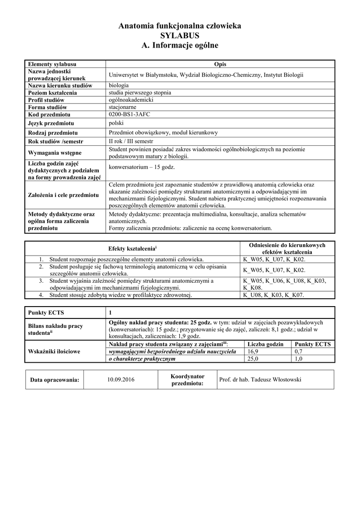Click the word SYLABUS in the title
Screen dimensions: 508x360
[x=179, y=36]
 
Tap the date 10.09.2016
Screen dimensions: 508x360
[x=121, y=380]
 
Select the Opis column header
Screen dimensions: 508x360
[x=220, y=64]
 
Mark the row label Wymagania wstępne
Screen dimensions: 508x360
[x=55, y=152]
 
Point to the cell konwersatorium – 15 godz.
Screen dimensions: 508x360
[x=142, y=167]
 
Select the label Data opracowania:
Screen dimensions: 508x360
[x=55, y=380]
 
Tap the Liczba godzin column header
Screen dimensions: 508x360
[x=265, y=344]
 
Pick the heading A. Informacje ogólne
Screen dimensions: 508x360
[x=179, y=45]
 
